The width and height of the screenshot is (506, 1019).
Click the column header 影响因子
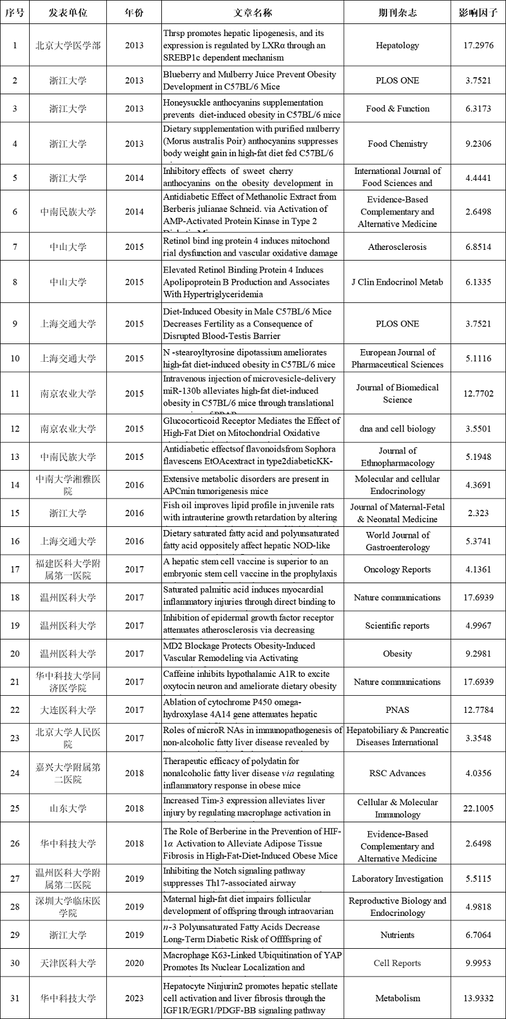pos(478,13)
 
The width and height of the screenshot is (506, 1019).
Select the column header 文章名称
pos(251,13)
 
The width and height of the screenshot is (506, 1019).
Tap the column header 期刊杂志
pos(397,13)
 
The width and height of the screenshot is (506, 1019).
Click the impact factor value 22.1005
pos(478,808)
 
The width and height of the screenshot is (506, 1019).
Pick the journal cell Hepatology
pos(397,46)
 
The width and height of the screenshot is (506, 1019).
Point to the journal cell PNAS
pos(397,710)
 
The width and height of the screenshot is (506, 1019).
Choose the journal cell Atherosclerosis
pos(397,247)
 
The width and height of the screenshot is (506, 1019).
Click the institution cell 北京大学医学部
pos(68,46)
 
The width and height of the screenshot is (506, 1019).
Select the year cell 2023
pos(134,998)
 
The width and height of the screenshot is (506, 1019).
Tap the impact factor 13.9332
pos(478,998)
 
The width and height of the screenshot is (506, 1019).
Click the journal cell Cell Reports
pos(397,963)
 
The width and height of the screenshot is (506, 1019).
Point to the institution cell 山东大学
pos(68,808)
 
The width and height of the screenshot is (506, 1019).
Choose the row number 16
pos(15,541)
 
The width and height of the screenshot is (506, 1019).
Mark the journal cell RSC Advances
pos(397,773)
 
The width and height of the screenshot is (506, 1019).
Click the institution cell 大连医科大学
pos(68,710)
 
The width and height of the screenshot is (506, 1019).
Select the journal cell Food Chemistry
pos(397,144)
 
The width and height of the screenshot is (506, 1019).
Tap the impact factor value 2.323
pos(478,513)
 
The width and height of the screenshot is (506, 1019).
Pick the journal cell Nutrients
pos(397,935)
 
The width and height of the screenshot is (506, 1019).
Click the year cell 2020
pos(134,963)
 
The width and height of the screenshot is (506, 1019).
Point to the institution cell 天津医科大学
pos(68,963)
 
